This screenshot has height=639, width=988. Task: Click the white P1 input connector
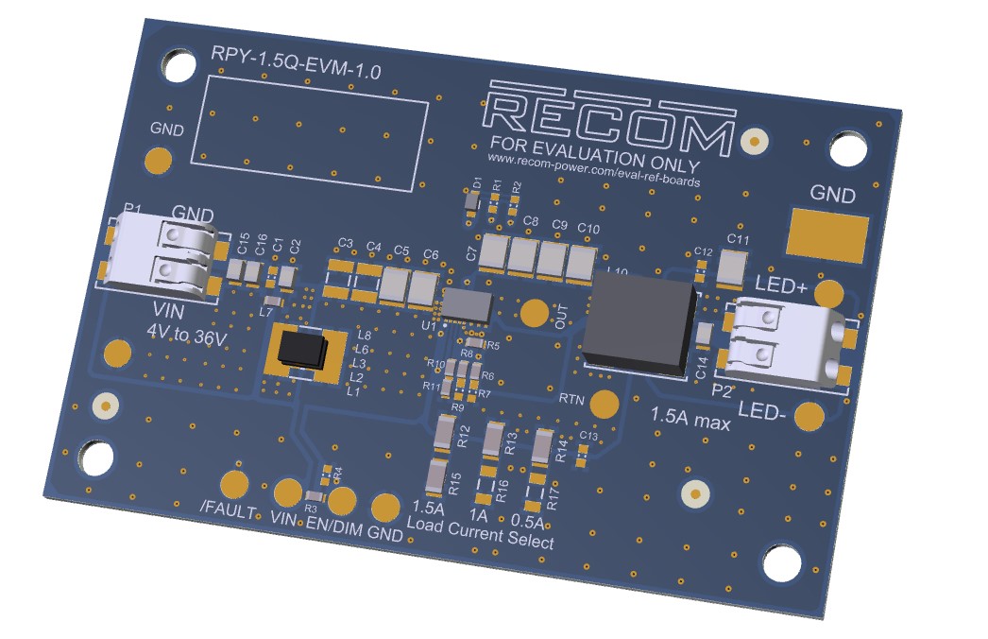click(x=166, y=254)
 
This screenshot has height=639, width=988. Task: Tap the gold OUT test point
click(x=535, y=314)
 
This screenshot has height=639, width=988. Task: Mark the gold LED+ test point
click(x=828, y=293)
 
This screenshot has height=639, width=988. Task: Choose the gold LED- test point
click(x=809, y=416)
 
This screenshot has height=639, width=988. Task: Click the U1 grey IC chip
click(x=468, y=304)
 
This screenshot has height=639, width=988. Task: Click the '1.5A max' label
click(x=690, y=419)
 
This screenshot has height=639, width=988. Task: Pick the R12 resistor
click(x=447, y=434)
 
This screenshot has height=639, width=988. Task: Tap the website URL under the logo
click(x=594, y=171)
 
